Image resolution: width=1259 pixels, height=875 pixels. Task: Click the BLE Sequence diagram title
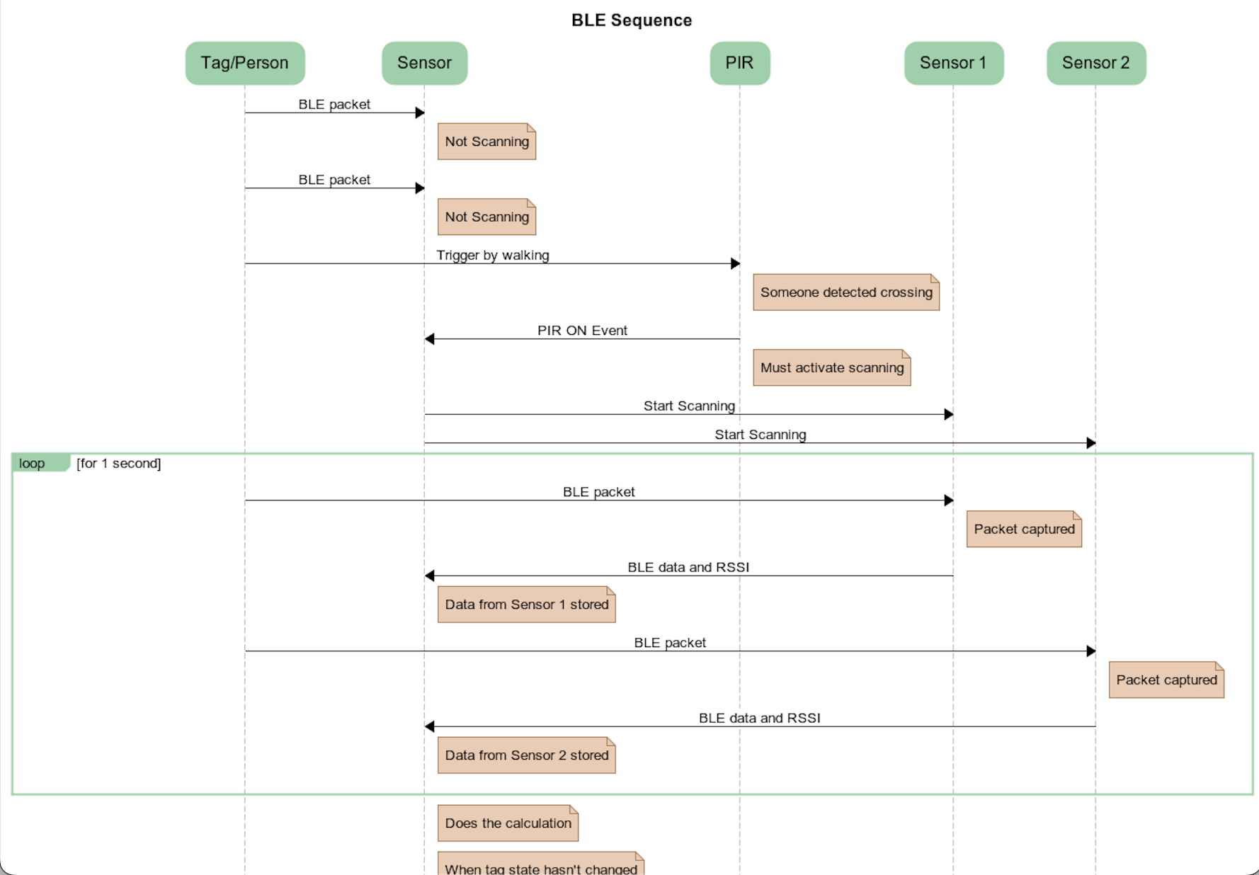(631, 21)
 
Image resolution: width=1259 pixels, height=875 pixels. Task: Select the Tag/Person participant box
(245, 63)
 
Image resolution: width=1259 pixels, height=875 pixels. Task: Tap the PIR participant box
(739, 63)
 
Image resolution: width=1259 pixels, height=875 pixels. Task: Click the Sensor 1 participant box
(953, 63)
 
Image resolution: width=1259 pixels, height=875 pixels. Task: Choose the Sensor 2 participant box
(1095, 63)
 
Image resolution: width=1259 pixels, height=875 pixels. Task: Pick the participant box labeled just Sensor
(424, 63)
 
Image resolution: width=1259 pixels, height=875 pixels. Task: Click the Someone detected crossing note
(845, 292)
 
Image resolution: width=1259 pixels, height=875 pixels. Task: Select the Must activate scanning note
(831, 368)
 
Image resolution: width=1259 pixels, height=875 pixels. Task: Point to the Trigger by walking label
(492, 255)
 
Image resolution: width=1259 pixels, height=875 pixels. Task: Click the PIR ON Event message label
(582, 331)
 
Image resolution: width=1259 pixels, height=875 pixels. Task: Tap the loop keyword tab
(33, 464)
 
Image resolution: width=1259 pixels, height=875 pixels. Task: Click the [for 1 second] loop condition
(119, 464)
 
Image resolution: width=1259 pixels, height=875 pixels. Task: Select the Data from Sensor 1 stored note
(526, 605)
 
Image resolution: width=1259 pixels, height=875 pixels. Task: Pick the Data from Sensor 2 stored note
(526, 755)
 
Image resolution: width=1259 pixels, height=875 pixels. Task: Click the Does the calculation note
(508, 823)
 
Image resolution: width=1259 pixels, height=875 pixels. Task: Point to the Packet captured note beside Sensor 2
(1166, 680)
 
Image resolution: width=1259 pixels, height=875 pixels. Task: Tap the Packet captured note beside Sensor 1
(1023, 530)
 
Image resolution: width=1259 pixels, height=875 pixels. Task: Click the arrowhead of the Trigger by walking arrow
(736, 263)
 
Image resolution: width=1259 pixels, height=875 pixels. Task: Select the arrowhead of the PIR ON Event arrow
(429, 339)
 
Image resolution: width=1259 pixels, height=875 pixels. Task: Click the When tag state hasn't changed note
(540, 867)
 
